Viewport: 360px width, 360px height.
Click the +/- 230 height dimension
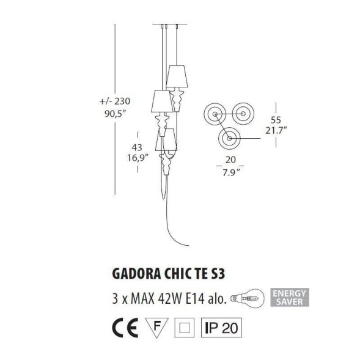114,101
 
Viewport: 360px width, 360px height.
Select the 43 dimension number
138,147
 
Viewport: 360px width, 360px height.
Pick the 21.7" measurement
277,130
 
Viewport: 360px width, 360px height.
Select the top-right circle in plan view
243,113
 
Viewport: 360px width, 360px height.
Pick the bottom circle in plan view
229,139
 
